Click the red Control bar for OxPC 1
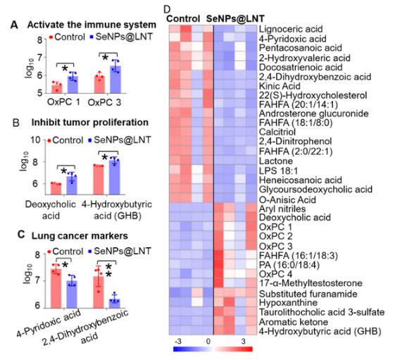57,89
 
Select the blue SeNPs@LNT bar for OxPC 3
115,80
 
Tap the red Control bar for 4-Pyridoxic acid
56,288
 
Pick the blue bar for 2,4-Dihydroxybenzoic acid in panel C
115,304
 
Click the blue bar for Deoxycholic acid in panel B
72,185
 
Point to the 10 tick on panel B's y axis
35,139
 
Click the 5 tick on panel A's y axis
40,93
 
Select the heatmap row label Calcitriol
277,132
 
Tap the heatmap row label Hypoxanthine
288,302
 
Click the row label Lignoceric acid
291,29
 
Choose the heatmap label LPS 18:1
278,170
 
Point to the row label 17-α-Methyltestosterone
311,283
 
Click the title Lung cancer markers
80,236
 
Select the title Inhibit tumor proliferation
90,123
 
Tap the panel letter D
167,10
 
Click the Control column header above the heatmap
183,18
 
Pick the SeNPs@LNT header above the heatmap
235,18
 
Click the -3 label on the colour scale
178,342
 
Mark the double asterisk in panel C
108,271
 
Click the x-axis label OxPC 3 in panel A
104,103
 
